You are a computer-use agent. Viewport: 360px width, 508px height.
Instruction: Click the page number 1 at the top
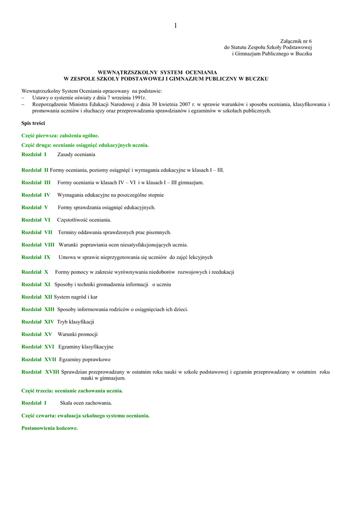pyautogui.click(x=175, y=26)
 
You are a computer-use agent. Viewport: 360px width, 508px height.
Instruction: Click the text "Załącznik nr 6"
pyautogui.click(x=296, y=41)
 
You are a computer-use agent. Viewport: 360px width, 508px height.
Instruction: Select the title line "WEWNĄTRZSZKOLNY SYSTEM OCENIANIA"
pyautogui.click(x=167, y=72)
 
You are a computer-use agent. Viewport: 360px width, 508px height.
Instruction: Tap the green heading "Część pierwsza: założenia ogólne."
pyautogui.click(x=60, y=135)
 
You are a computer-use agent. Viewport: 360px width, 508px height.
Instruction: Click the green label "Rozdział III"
pyautogui.click(x=36, y=183)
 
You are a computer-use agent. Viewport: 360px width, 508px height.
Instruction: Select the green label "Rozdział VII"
pyautogui.click(x=37, y=232)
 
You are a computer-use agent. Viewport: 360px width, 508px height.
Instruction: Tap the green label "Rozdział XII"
pyautogui.click(x=37, y=297)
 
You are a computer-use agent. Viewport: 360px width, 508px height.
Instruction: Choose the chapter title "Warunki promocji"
pyautogui.click(x=77, y=334)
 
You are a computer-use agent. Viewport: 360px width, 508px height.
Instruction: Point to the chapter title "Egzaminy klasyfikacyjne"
pyautogui.click(x=86, y=347)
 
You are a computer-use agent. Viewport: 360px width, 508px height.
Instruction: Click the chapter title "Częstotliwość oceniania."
pyautogui.click(x=84, y=220)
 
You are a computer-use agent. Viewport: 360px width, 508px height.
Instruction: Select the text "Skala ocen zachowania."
pyautogui.click(x=86, y=403)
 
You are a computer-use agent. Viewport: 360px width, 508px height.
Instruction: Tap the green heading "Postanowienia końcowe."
pyautogui.click(x=50, y=428)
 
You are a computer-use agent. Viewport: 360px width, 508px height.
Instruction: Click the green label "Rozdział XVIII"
pyautogui.click(x=40, y=372)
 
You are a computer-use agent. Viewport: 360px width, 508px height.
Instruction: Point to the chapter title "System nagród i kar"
pyautogui.click(x=75, y=297)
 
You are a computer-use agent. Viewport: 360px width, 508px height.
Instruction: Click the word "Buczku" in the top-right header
pyautogui.click(x=303, y=54)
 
